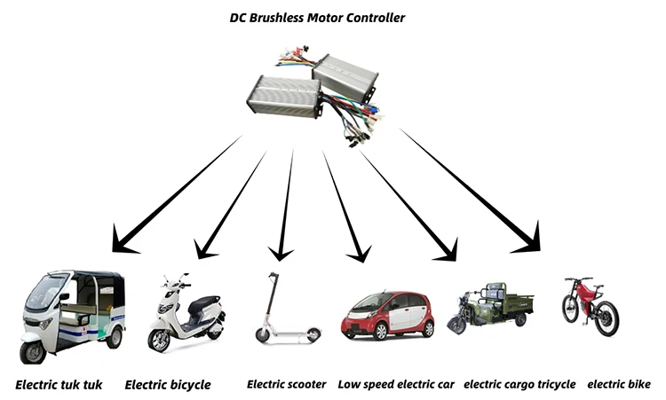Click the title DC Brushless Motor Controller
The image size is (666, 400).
(317, 17)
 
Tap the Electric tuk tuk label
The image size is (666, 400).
(59, 385)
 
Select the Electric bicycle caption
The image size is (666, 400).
(168, 385)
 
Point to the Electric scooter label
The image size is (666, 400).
(286, 385)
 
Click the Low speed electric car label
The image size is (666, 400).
(396, 385)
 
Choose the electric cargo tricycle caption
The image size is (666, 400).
(519, 385)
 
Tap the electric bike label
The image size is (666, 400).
(619, 385)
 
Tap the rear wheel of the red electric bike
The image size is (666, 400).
(607, 319)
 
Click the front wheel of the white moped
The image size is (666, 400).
(160, 341)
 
